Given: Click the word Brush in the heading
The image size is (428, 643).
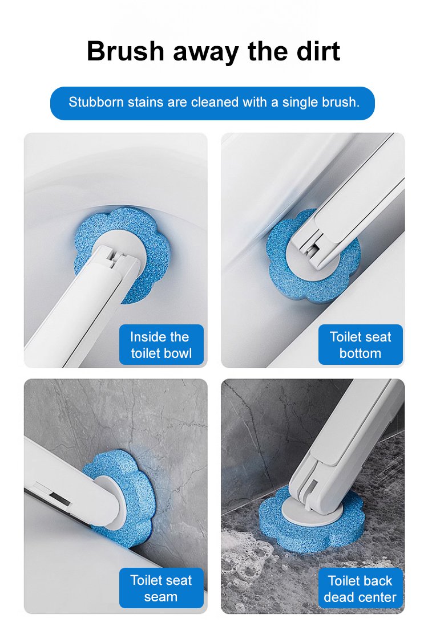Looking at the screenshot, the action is (126, 51).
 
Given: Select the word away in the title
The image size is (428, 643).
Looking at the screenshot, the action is (206, 54).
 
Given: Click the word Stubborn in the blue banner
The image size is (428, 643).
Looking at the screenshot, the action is (96, 101).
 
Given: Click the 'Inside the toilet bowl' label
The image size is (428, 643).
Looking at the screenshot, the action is (161, 344).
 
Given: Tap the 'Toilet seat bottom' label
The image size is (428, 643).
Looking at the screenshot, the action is (360, 344).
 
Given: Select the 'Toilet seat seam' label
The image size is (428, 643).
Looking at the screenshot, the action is (161, 588).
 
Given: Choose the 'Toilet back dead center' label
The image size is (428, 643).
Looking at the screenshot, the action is (360, 588).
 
